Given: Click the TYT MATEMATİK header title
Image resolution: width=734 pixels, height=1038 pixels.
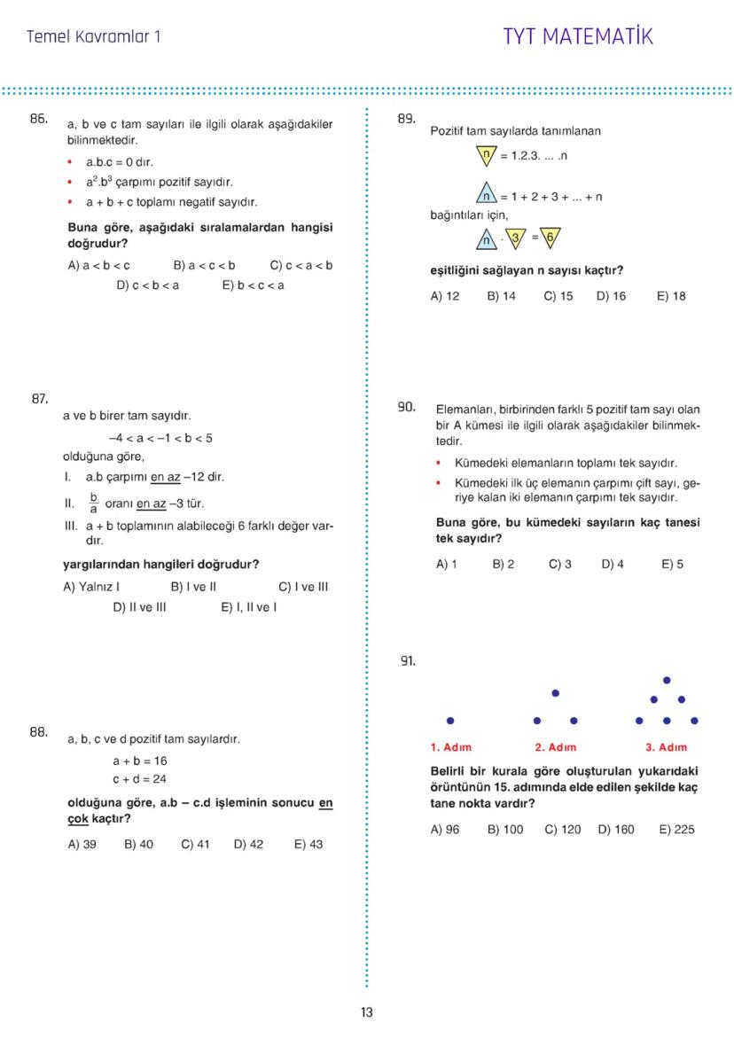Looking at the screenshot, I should click(x=577, y=37).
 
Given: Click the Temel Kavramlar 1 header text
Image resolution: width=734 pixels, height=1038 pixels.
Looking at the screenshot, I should click(x=94, y=37).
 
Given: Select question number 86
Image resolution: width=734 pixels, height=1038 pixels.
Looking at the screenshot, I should click(x=38, y=118).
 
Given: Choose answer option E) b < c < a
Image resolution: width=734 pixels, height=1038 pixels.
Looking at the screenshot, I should click(x=254, y=285).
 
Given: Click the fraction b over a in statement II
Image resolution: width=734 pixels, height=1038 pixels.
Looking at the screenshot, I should click(x=92, y=503).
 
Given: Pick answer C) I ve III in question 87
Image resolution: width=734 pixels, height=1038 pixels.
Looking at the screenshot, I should click(x=303, y=587).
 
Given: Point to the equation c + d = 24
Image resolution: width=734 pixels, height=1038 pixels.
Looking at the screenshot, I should click(x=139, y=779).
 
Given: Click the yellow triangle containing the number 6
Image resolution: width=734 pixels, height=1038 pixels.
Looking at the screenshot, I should click(x=550, y=237).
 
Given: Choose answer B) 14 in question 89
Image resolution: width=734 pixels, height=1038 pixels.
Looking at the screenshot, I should click(x=501, y=296).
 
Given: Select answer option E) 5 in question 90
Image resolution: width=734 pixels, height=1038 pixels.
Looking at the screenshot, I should click(x=672, y=564).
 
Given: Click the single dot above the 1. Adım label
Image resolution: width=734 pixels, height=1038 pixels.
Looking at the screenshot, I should click(x=450, y=721).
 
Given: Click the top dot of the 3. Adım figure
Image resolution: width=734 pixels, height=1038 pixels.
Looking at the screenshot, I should click(x=667, y=681).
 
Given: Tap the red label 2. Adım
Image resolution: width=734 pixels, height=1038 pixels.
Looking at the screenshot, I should click(x=556, y=747).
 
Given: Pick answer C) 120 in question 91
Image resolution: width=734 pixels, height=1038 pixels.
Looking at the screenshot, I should click(x=562, y=830).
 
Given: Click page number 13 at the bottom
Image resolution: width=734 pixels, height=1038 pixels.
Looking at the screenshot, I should click(x=367, y=1013).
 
